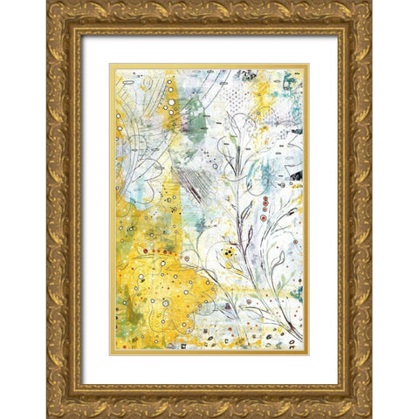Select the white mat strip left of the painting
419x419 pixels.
[95, 209]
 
